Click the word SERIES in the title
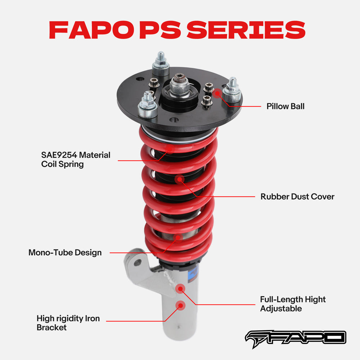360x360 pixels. pyautogui.click(x=246, y=30)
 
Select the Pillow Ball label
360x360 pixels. pyautogui.click(x=285, y=106)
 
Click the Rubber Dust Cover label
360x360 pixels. pyautogui.click(x=297, y=197)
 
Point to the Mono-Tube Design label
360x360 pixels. pyautogui.click(x=65, y=252)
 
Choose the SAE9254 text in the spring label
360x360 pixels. pyautogui.click(x=59, y=155)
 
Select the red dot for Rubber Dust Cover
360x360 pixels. pyautogui.click(x=180, y=179)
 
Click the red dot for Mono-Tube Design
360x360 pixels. pyautogui.click(x=177, y=237)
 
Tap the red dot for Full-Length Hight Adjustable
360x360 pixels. pyautogui.click(x=180, y=288)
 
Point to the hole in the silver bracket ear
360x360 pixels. pyautogui.click(x=137, y=263)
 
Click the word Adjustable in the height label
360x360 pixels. pyautogui.click(x=281, y=309)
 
